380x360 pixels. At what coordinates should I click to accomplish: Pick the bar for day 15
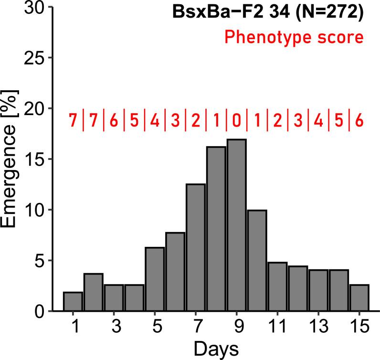coord(359,298)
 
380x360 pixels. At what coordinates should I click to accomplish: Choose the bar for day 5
coord(155,279)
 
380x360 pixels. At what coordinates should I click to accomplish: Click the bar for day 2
coord(94,292)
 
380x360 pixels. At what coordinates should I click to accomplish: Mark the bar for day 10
coord(257,261)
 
